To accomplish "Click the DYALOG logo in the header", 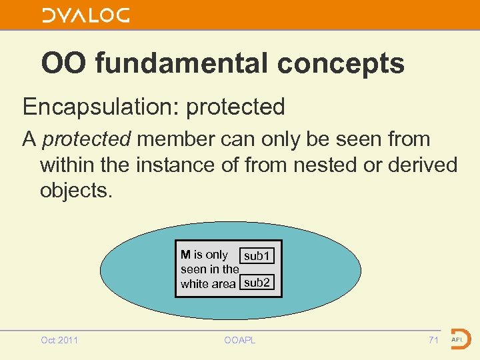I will (x=86, y=15).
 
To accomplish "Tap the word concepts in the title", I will (x=341, y=63).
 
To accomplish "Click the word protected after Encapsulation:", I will (x=236, y=106).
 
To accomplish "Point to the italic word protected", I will (x=86, y=139).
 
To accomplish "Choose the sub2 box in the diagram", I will (x=257, y=283).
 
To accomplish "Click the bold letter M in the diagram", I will (x=185, y=255).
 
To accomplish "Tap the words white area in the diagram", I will (x=208, y=284).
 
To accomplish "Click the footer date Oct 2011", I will (x=59, y=340).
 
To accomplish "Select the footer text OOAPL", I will (x=239, y=340).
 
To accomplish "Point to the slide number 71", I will (x=433, y=340).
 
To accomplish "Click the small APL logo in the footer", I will (x=459, y=339).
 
